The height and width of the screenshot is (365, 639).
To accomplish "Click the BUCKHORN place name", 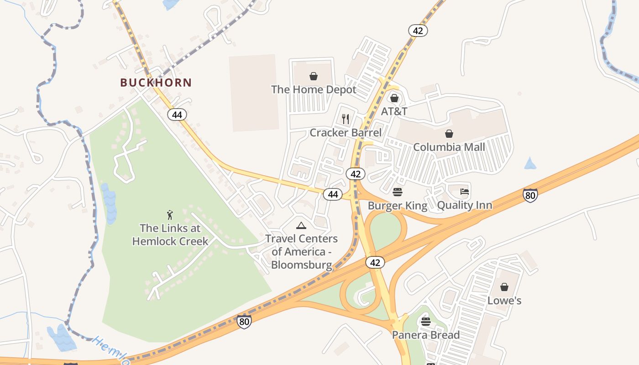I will click(156, 83).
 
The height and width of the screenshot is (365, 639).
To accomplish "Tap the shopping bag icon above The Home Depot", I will click(313, 76).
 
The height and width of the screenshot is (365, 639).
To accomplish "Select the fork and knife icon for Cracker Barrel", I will click(346, 119).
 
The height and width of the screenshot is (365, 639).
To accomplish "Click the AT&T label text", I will click(394, 111).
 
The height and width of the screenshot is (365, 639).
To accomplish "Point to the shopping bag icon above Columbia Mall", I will click(449, 134).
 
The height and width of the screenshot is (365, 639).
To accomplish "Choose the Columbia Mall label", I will click(449, 147).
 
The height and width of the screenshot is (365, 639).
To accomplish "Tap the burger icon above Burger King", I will click(398, 192).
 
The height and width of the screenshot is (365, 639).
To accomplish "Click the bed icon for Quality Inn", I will click(465, 192).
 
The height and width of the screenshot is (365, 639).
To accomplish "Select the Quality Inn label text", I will click(465, 205).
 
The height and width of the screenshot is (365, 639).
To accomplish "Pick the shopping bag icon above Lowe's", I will click(504, 287).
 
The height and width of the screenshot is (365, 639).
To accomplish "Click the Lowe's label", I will click(504, 301).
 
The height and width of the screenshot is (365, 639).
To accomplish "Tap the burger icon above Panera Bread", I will click(426, 322).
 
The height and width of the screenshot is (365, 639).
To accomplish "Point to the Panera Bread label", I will click(426, 335).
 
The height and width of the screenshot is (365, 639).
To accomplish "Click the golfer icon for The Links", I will click(170, 214).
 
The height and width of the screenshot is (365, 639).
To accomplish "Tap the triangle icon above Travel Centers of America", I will click(301, 225).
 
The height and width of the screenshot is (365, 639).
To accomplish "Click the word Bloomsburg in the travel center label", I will click(301, 265).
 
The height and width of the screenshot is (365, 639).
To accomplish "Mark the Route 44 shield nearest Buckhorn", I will click(177, 115).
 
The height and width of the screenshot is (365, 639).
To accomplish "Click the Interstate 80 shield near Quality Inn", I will click(530, 195).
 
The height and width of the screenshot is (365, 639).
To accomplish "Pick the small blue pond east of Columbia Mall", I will click(530, 163).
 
